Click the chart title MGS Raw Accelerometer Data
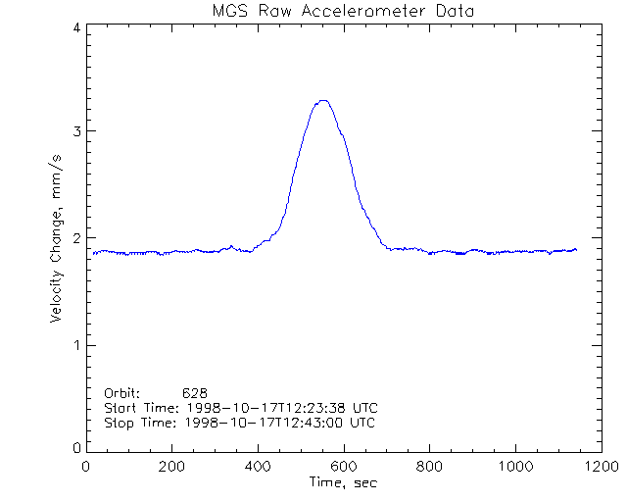[x=342, y=11]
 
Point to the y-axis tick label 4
[x=76, y=27]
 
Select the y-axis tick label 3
[x=76, y=131]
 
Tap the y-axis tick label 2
[x=76, y=238]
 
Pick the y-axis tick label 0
[x=76, y=448]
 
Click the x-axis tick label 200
[x=172, y=467]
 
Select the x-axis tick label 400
[x=259, y=467]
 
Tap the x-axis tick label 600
[x=344, y=467]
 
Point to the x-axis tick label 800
[x=429, y=467]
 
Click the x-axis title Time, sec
[x=342, y=482]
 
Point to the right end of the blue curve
[x=576, y=250]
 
